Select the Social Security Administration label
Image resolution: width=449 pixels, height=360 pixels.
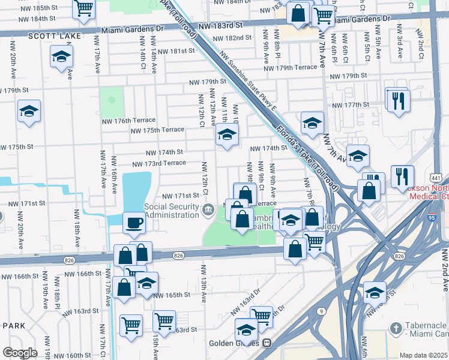pyautogui.click(x=171, y=211)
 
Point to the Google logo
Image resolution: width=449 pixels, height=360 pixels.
pyautogui.click(x=20, y=353)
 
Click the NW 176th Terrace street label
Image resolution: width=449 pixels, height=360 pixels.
pyautogui.click(x=131, y=121)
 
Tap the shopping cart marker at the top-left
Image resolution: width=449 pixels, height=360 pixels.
pyautogui.click(x=84, y=8)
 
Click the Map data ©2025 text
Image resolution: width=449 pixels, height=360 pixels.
pyautogui.click(x=423, y=355)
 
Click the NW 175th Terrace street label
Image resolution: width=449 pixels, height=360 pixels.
pyautogui.click(x=157, y=130)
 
